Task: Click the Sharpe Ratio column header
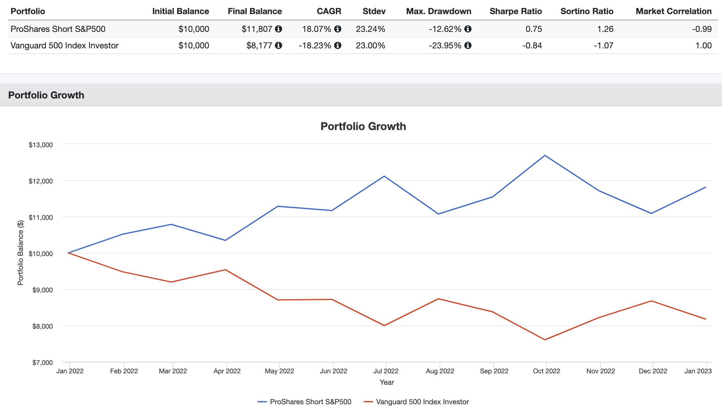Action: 516,11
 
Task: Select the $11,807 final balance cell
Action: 257,29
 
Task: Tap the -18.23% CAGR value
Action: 315,45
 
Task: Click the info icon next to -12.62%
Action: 468,29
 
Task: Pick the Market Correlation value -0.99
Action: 701,29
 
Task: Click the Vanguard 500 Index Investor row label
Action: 65,45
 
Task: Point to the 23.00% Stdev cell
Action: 370,45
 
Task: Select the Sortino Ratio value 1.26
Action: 605,29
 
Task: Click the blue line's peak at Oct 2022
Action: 545,155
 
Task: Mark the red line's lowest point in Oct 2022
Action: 545,340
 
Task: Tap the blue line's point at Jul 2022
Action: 384,176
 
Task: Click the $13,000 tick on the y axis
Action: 41,145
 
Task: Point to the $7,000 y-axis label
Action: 42,363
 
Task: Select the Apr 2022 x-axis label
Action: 227,371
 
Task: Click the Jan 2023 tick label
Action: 698,371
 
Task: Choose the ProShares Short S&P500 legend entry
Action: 305,402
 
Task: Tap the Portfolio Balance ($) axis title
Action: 21,253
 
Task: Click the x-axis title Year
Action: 387,382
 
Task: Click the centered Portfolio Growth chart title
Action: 363,126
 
